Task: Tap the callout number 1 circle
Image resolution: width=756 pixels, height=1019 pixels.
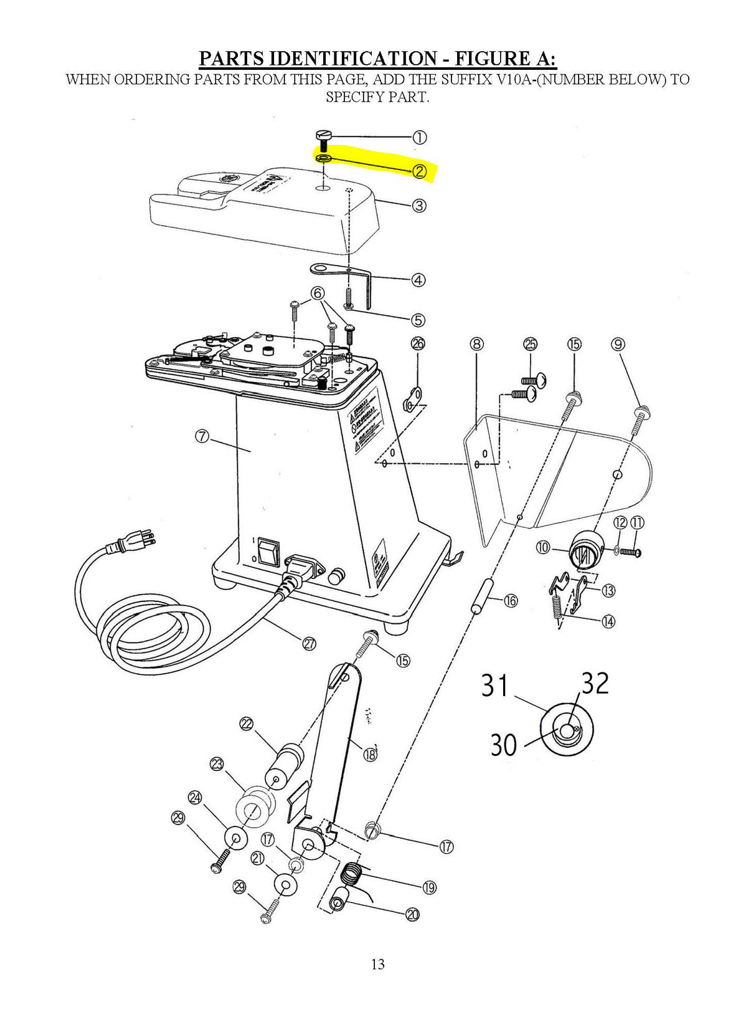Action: [420, 138]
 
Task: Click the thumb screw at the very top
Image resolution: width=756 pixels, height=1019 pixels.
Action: [324, 136]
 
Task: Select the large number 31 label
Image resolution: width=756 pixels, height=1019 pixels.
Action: [496, 686]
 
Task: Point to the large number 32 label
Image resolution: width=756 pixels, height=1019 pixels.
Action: [595, 684]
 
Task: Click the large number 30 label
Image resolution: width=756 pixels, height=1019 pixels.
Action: [504, 744]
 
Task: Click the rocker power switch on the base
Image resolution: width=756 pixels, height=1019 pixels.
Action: [268, 552]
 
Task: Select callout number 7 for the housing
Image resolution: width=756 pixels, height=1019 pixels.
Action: [202, 436]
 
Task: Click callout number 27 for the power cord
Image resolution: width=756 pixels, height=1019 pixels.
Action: [309, 644]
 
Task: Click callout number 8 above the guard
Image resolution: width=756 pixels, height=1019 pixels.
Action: [477, 344]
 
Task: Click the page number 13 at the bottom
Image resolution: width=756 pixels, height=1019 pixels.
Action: [377, 964]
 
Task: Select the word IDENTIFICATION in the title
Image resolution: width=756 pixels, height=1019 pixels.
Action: [357, 59]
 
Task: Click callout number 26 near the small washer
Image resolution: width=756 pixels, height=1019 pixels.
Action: [418, 343]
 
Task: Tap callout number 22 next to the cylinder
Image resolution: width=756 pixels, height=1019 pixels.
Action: [247, 724]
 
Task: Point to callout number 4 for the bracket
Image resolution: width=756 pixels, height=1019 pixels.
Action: [418, 280]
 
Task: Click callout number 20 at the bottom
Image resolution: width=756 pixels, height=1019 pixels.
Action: [412, 914]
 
